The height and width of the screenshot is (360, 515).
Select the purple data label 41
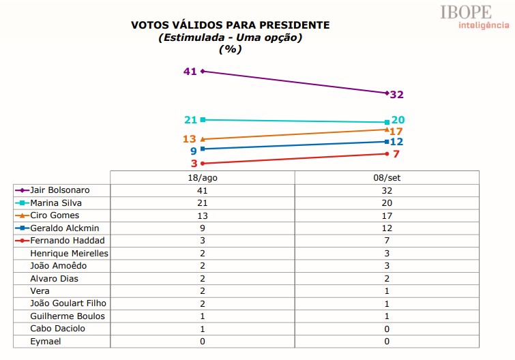[190, 71]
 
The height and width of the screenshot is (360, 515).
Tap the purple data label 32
[398, 95]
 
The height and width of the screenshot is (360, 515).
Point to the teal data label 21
[190, 120]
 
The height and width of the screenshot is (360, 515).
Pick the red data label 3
[194, 164]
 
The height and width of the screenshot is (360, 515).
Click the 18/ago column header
[203, 177]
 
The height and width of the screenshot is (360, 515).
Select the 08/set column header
[387, 177]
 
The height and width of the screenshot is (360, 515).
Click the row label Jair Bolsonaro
[60, 190]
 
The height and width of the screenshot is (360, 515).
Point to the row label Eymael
[46, 341]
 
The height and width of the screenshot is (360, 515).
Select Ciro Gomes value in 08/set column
[387, 215]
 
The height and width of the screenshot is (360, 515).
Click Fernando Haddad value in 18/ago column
[203, 241]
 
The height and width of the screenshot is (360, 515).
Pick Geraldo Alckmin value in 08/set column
[387, 228]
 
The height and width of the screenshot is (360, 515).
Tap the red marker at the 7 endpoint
[387, 154]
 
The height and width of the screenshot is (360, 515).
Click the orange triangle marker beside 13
[203, 139]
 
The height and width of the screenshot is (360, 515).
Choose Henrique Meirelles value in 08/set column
[387, 253]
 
